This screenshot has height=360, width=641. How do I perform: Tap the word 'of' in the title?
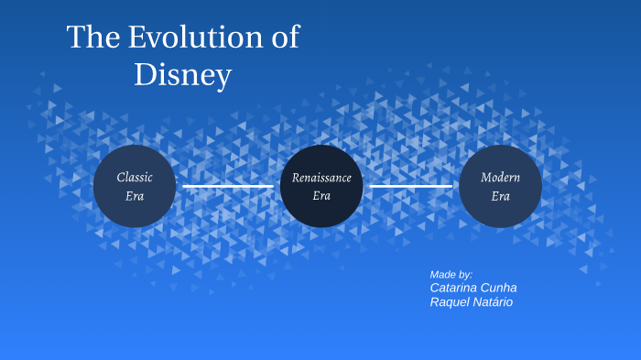pyautogui.click(x=284, y=38)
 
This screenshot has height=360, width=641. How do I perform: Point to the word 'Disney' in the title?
pyautogui.click(x=182, y=75)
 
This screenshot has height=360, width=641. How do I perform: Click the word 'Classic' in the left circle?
pyautogui.click(x=135, y=177)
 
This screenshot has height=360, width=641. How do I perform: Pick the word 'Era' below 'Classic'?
pyautogui.click(x=135, y=196)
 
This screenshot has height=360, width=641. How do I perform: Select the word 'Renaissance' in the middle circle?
pyautogui.click(x=321, y=177)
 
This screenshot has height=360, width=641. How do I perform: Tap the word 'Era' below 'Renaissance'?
pyautogui.click(x=321, y=196)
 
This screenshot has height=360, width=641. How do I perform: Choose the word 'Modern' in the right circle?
pyautogui.click(x=500, y=177)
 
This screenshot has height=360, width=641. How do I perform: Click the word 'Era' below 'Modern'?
pyautogui.click(x=500, y=196)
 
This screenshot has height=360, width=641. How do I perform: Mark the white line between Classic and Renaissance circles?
pyautogui.click(x=228, y=187)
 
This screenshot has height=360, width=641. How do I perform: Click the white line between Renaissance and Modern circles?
pyautogui.click(x=410, y=187)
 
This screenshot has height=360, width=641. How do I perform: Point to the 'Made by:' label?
pyautogui.click(x=451, y=274)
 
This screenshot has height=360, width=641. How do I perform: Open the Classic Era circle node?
pyautogui.click(x=135, y=211)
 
